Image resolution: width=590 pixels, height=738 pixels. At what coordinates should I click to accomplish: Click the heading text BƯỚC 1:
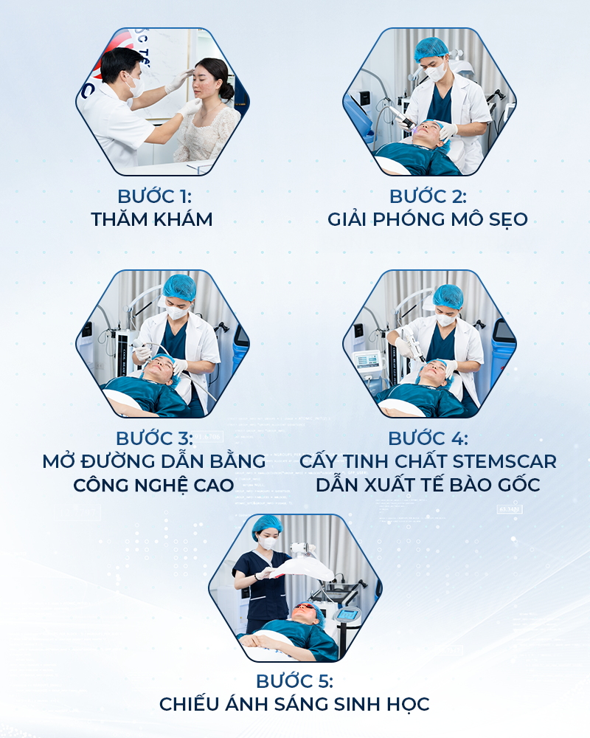click(x=154, y=197)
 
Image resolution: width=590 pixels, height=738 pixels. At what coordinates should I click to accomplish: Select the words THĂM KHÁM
click(x=151, y=220)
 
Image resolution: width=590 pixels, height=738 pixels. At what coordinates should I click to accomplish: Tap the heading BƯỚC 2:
click(x=428, y=197)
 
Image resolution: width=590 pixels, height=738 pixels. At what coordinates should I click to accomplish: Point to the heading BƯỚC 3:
click(x=154, y=438)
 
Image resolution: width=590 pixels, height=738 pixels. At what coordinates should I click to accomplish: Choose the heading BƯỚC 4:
click(x=428, y=438)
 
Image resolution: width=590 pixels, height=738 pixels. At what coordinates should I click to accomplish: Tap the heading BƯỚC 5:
click(x=294, y=681)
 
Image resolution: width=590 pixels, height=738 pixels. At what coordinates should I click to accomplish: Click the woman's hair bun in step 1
click(x=226, y=90)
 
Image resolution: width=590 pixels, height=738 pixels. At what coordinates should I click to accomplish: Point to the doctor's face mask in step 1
click(x=135, y=86)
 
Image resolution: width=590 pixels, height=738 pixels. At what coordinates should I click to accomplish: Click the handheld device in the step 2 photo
click(x=402, y=117)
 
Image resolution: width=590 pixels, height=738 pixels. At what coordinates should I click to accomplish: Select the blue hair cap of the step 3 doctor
click(x=179, y=287)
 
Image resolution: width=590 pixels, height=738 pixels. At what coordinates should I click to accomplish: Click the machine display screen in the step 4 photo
click(x=368, y=361)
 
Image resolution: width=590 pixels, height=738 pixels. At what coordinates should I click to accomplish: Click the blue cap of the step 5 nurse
click(x=267, y=525)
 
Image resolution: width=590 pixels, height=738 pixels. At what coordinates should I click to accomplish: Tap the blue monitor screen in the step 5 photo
click(x=347, y=614)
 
